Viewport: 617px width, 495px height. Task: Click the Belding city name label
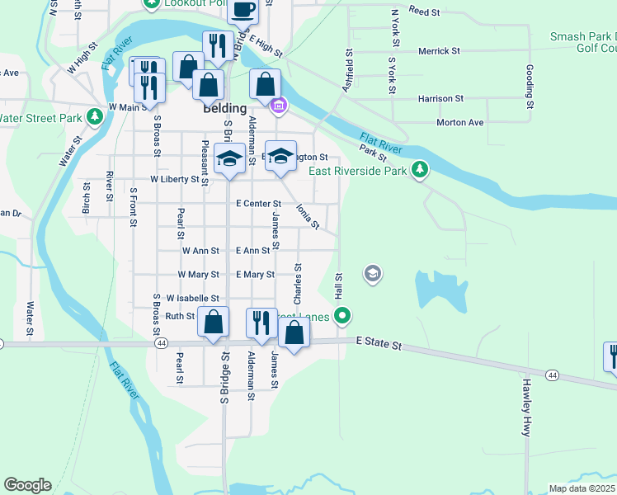[x=224, y=108]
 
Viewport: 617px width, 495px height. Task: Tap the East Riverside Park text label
[x=357, y=172]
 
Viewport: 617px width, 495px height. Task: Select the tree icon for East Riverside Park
[x=421, y=170]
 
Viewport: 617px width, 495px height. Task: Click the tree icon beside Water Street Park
[x=96, y=117]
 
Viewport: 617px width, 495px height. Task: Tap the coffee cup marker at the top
[x=243, y=10]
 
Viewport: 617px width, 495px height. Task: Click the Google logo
[x=27, y=485]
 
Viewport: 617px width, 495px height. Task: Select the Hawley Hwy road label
[x=525, y=408]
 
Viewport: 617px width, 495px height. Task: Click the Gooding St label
[x=530, y=87]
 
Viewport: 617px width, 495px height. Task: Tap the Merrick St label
[x=439, y=51]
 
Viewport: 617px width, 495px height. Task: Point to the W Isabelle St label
[x=192, y=298]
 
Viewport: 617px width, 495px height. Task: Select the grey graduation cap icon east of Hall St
[x=372, y=273]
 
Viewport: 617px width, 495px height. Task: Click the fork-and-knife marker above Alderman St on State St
[x=261, y=323]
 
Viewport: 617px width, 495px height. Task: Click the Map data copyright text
[x=582, y=488]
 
